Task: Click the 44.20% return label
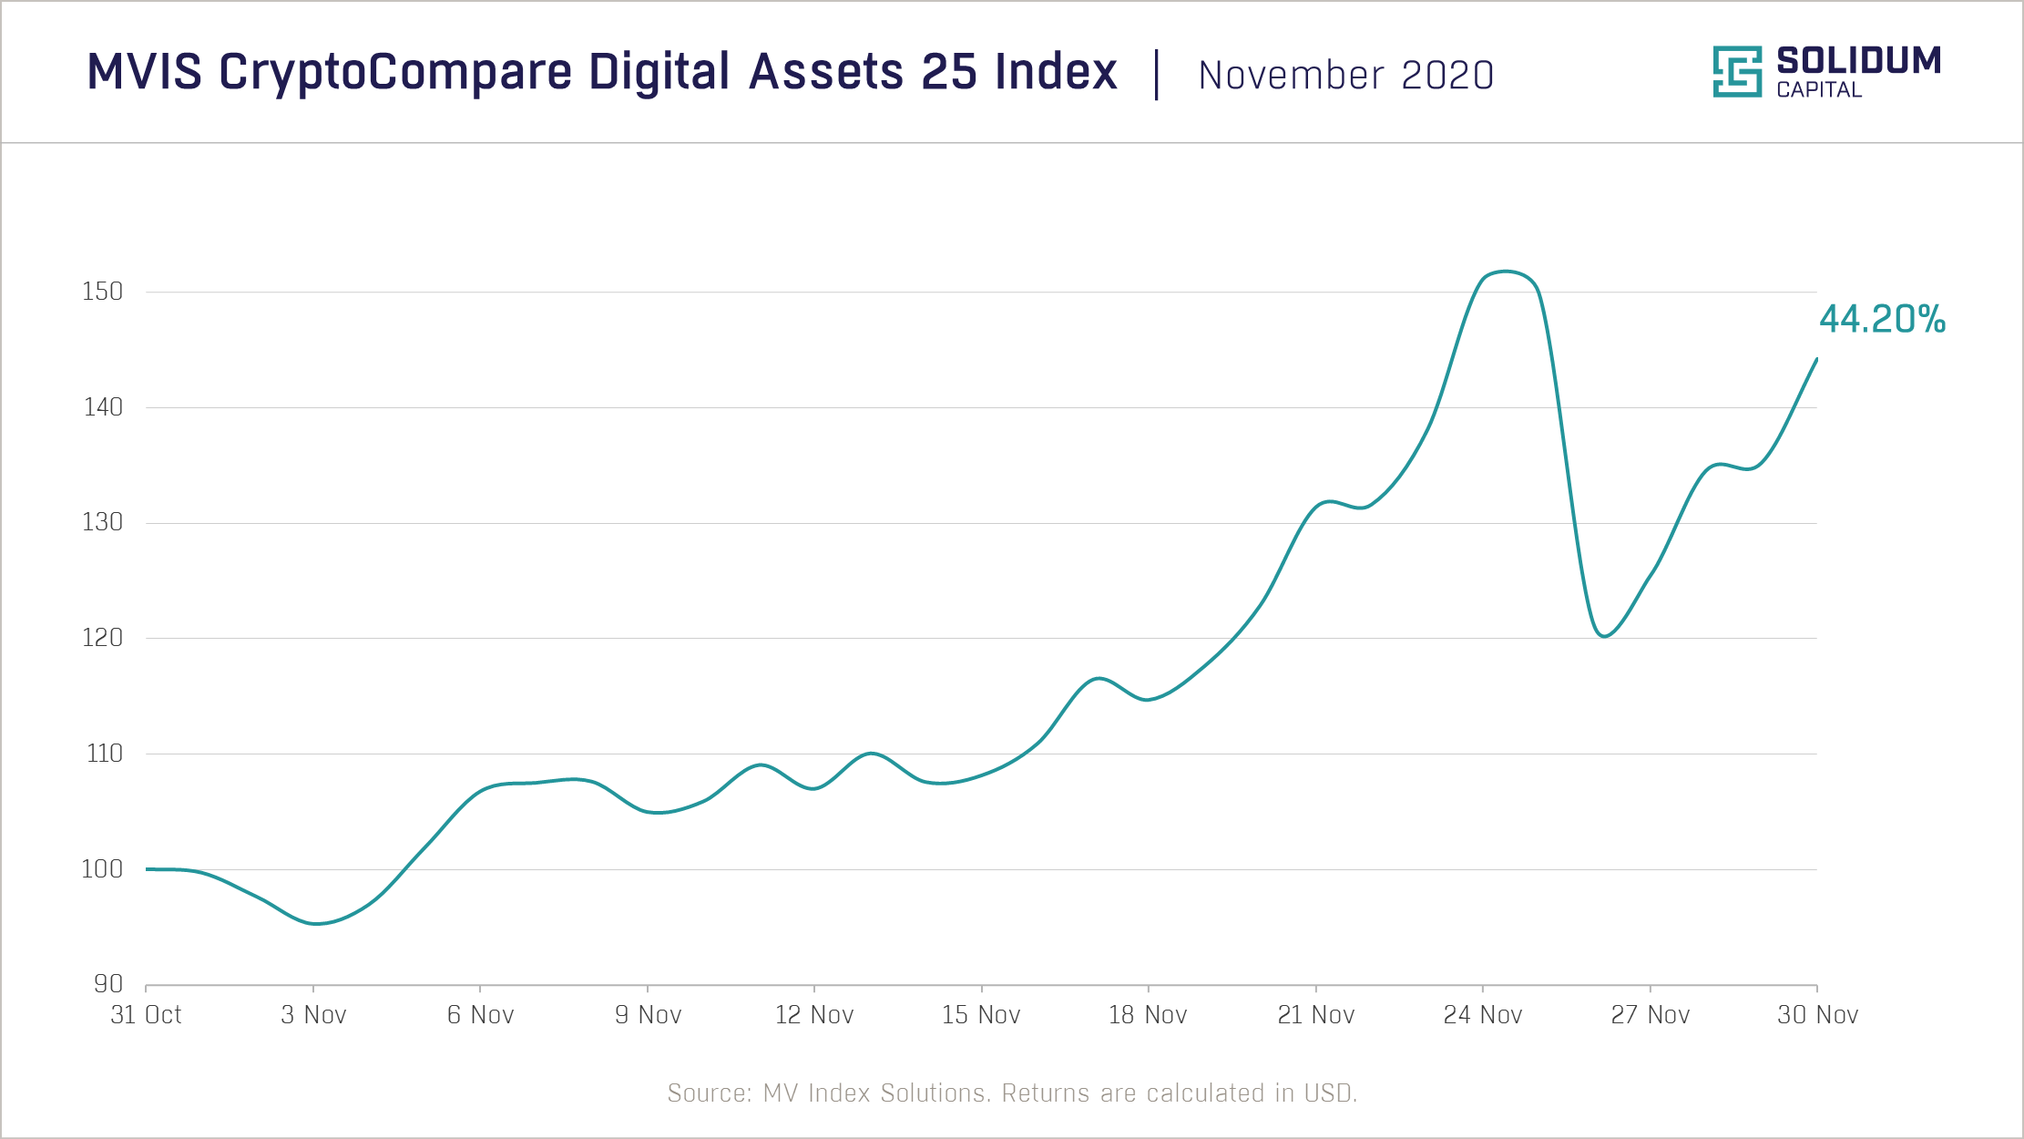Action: pos(1882,320)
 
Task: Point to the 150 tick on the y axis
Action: pos(102,292)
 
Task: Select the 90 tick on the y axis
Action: pos(107,984)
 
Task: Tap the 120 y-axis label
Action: pos(102,638)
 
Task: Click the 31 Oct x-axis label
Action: pos(146,1015)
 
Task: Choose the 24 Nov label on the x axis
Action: pos(1482,1015)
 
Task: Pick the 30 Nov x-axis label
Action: pos(1817,1015)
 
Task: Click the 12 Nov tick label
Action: pos(813,1015)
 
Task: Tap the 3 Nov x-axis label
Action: pos(313,1015)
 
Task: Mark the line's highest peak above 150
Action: pos(1507,272)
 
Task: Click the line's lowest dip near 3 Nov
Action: pos(315,923)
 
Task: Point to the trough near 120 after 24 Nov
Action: pos(1604,636)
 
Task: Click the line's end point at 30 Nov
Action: pos(1816,360)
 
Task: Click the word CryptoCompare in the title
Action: pos(395,72)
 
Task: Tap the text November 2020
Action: pos(1345,76)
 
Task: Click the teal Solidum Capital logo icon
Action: pos(1736,72)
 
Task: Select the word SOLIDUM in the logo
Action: pos(1858,61)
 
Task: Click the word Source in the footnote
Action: pos(708,1093)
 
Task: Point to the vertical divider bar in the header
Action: pos(1157,75)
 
